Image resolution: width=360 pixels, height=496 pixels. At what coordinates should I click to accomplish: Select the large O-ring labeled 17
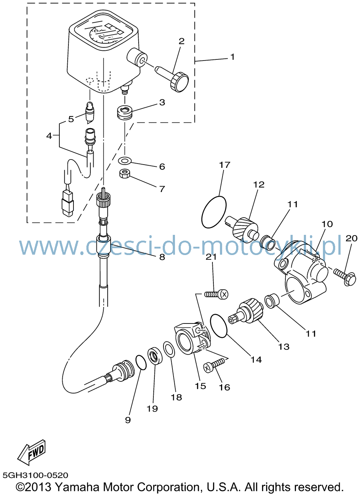pyautogui.click(x=214, y=212)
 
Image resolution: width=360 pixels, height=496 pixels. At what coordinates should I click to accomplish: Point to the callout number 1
pyautogui.click(x=232, y=57)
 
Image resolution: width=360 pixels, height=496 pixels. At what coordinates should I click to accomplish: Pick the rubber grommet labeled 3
pyautogui.click(x=125, y=113)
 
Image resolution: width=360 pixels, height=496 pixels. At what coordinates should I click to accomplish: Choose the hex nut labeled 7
pyautogui.click(x=125, y=173)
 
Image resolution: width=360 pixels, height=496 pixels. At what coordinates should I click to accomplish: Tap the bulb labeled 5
pyautogui.click(x=90, y=112)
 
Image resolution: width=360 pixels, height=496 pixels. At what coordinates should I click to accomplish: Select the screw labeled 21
pyautogui.click(x=216, y=294)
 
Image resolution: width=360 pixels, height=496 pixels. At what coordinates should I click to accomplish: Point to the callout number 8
pyautogui.click(x=162, y=257)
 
